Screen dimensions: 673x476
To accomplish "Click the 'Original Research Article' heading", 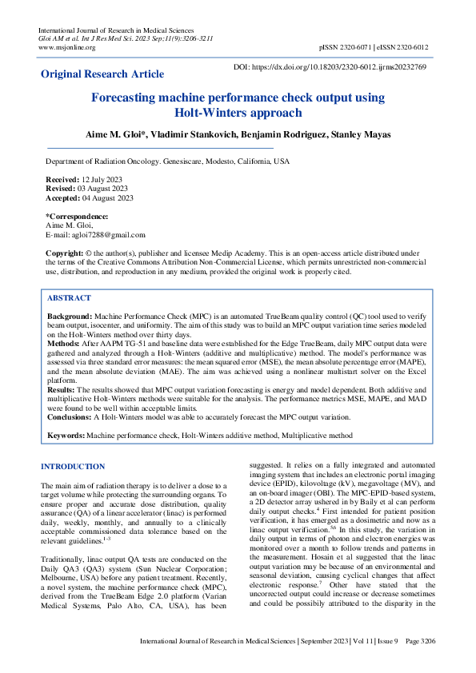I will tap(102, 74).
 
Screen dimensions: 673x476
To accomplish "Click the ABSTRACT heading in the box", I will tap(69, 298).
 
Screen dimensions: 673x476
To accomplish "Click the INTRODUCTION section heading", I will tap(73, 467).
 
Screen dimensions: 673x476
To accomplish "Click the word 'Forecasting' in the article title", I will tap(129, 98).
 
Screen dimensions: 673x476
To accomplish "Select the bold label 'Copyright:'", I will tap(64, 253).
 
